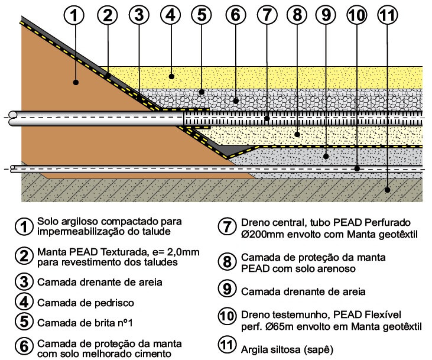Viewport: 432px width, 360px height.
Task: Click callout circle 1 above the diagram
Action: click(x=74, y=15)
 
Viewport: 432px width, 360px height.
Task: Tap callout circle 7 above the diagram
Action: click(x=267, y=15)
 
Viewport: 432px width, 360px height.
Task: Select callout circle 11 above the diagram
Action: click(x=388, y=15)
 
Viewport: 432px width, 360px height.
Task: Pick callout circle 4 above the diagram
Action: click(x=171, y=15)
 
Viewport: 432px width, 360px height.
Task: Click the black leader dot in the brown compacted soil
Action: click(x=76, y=82)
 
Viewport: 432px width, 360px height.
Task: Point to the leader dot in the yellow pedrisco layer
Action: click(x=171, y=76)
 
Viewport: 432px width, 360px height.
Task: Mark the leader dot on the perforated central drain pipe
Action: click(x=267, y=119)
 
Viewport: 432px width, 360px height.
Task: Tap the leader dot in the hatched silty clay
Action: click(x=387, y=190)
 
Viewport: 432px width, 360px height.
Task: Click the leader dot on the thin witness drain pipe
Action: click(x=357, y=168)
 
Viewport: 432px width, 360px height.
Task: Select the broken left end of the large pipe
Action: click(x=12, y=119)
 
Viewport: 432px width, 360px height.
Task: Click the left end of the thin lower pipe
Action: click(x=12, y=169)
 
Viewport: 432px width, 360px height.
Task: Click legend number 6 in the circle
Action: click(x=24, y=346)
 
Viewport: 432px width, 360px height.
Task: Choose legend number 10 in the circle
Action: click(x=227, y=316)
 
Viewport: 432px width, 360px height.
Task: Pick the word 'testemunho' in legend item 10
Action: click(x=301, y=315)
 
